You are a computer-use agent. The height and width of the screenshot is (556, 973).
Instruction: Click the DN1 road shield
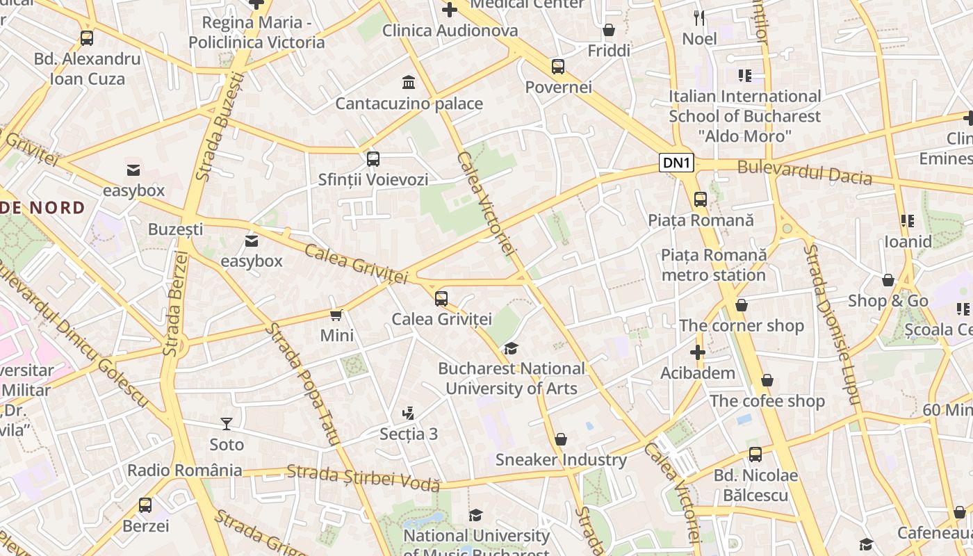(676, 163)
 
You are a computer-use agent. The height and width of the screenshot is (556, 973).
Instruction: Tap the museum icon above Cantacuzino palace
(409, 83)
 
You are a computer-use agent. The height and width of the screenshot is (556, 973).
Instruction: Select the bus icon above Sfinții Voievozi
(373, 158)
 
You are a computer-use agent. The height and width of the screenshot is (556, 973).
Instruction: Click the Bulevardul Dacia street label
(804, 172)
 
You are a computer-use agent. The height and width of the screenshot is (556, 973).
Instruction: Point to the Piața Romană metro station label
(714, 265)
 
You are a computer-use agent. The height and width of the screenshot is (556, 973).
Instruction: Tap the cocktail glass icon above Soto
(226, 423)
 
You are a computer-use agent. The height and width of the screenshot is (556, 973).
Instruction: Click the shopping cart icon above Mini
(336, 316)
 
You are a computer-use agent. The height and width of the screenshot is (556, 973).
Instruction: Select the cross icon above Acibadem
(698, 352)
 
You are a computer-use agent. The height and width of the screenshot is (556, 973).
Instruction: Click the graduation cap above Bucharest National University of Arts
(512, 348)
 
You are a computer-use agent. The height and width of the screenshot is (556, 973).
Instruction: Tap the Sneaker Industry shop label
(561, 459)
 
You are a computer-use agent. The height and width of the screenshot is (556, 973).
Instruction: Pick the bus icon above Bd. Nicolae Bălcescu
(755, 455)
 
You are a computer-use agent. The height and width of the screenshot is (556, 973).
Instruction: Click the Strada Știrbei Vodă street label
(363, 477)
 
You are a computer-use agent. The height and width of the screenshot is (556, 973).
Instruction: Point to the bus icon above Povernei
(558, 67)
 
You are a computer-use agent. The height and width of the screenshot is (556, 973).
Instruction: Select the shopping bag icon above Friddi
(609, 30)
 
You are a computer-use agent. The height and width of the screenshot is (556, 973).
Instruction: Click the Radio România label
(185, 470)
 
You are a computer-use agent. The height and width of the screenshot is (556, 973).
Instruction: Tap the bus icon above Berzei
(145, 505)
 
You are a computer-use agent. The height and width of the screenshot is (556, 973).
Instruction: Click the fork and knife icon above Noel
(699, 18)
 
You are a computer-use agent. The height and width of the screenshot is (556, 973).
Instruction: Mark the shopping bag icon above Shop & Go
(888, 281)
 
